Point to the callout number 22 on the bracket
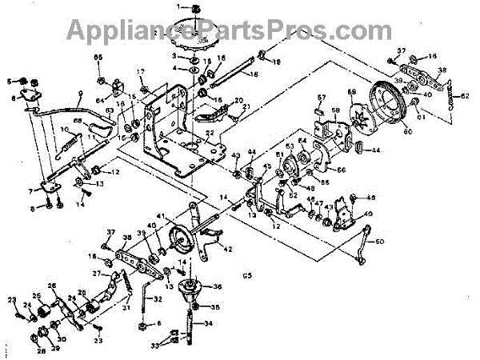(209, 134)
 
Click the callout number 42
(228, 250)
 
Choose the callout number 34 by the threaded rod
(210, 324)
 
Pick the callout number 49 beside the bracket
(369, 213)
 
